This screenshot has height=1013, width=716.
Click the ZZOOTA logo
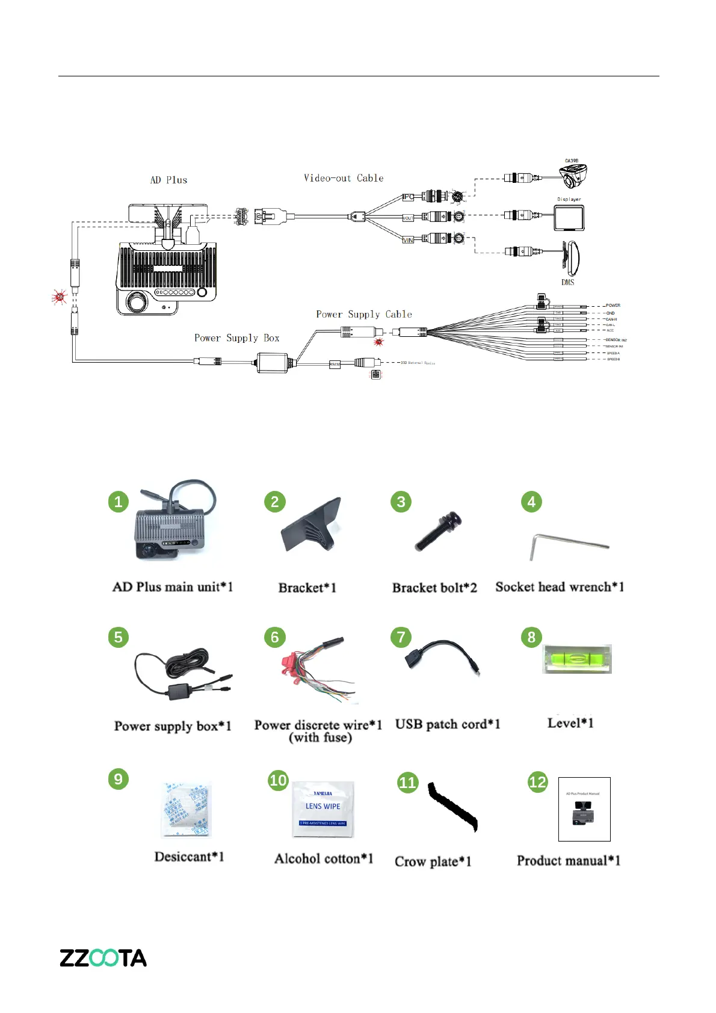[x=103, y=958]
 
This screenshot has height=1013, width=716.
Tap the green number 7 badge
[x=401, y=637]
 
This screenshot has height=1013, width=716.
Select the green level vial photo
[x=576, y=659]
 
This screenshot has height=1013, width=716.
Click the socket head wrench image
[x=568, y=546]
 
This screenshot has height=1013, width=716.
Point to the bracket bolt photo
[x=438, y=531]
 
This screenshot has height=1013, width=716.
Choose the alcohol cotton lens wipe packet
[x=323, y=809]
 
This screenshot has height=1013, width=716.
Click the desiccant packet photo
[x=187, y=810]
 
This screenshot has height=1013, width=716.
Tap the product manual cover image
[x=584, y=809]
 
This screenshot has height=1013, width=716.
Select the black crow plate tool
[x=452, y=807]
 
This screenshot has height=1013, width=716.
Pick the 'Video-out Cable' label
[x=344, y=178]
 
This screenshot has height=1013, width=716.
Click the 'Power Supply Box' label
[x=237, y=338]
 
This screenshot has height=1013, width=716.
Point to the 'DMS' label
[x=568, y=282]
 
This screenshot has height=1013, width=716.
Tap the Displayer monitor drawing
[x=569, y=218]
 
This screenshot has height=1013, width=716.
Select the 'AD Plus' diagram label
[x=168, y=180]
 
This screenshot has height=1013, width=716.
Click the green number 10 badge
[x=278, y=780]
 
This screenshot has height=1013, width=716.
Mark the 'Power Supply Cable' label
[x=364, y=314]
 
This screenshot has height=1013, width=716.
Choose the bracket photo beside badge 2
[x=312, y=525]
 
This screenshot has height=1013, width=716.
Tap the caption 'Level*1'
[x=570, y=723]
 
